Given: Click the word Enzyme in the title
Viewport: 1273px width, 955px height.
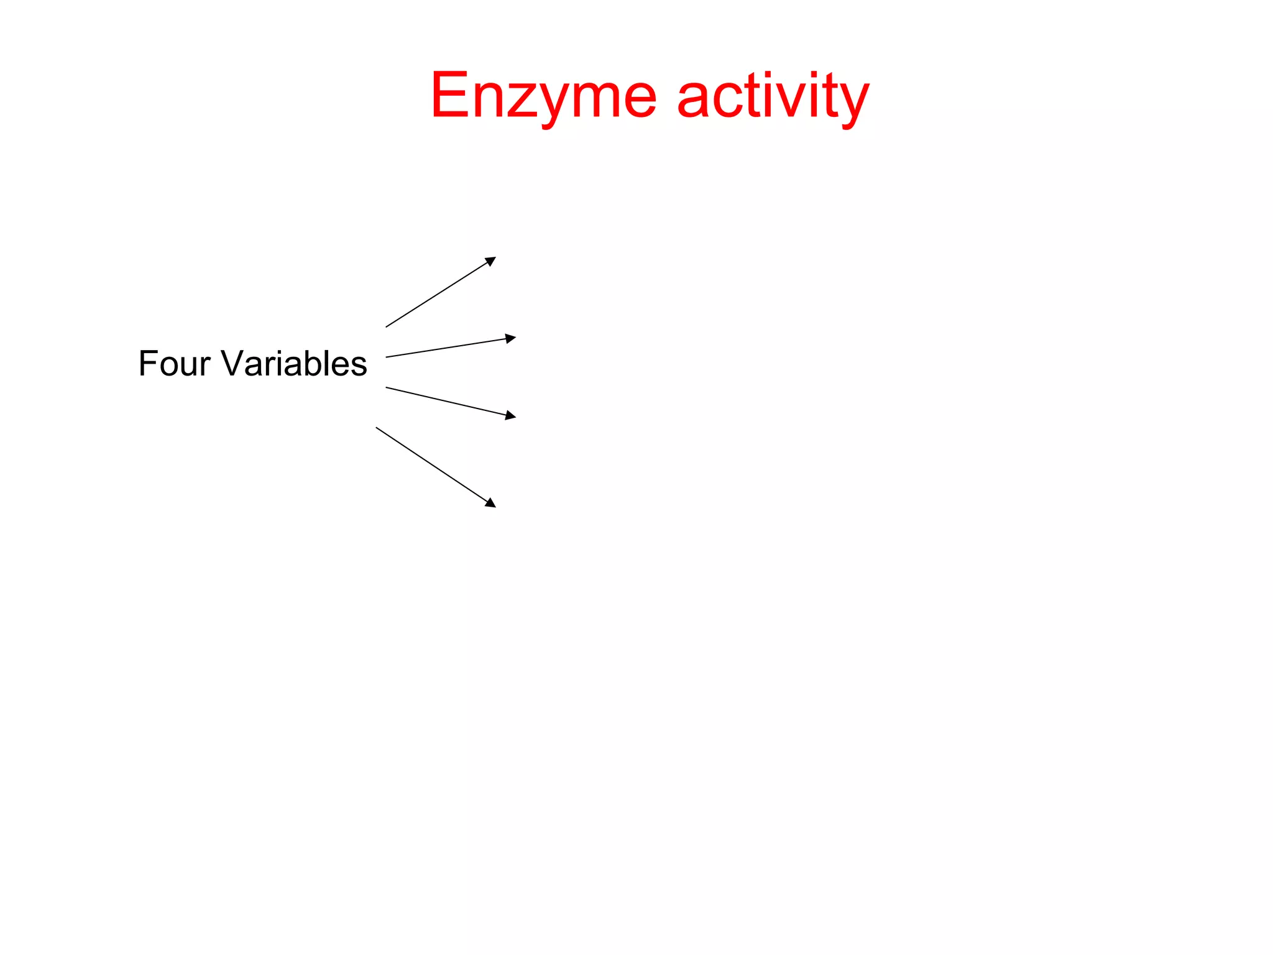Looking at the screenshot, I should [543, 96].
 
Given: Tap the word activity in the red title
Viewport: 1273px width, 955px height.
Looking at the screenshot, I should [773, 96].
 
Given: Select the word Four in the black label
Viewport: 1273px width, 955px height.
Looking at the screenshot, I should [174, 363].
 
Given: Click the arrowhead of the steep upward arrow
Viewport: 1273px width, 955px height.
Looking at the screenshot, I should [491, 261].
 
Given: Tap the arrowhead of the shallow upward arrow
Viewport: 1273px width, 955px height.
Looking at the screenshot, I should [511, 338].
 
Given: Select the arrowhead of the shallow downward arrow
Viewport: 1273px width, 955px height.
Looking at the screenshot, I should [511, 415].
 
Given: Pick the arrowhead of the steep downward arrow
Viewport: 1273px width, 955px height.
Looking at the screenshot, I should [491, 504].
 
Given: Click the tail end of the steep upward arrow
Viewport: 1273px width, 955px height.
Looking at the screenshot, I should [387, 326].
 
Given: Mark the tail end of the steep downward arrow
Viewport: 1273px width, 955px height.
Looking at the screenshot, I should [377, 428].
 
